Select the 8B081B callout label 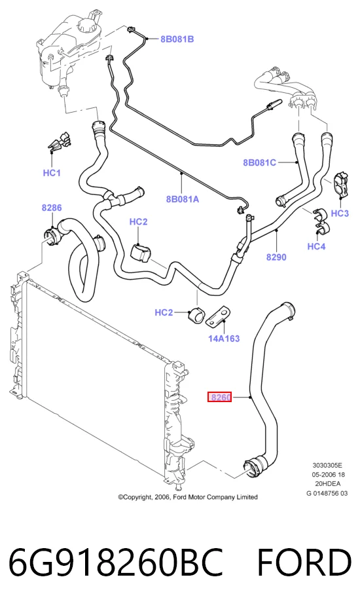coord(177,39)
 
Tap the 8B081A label coord(183,199)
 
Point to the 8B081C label coord(259,162)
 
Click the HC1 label coord(52,173)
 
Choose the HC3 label coord(340,213)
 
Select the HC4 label coord(316,246)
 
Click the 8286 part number coord(52,208)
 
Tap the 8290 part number coord(276,257)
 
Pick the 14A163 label coord(224,338)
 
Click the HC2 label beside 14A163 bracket coord(164,312)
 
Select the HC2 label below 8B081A coord(138,222)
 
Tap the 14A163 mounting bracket coord(218,317)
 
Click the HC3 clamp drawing coord(340,184)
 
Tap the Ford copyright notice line coord(188,497)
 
